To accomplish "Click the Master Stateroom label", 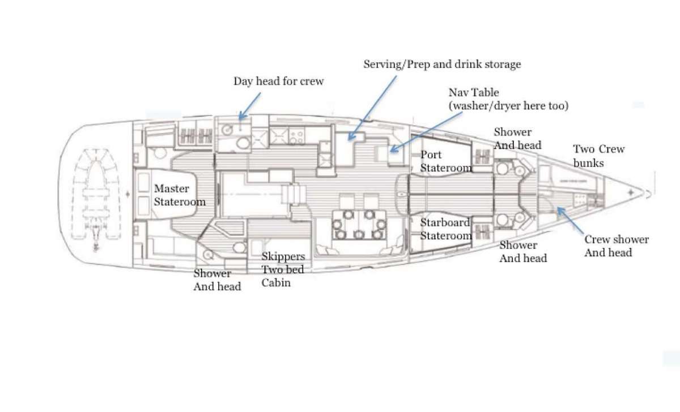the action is pyautogui.click(x=180, y=195).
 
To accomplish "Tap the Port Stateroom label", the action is pyautogui.click(x=446, y=161).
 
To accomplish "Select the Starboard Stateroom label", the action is pyautogui.click(x=446, y=229).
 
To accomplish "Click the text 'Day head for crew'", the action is pyautogui.click(x=278, y=81).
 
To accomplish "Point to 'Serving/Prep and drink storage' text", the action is pyautogui.click(x=442, y=65).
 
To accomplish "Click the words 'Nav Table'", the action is pyautogui.click(x=474, y=92).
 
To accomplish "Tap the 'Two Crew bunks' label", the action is pyautogui.click(x=598, y=156).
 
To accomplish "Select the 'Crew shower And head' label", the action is pyautogui.click(x=617, y=246).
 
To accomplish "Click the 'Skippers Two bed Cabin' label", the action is pyautogui.click(x=283, y=269).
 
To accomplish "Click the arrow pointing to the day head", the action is pyautogui.click(x=249, y=106).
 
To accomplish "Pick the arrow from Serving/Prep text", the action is pyautogui.click(x=372, y=108).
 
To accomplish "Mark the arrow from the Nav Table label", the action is pyautogui.click(x=426, y=132).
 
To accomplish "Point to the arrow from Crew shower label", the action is pyautogui.click(x=570, y=220).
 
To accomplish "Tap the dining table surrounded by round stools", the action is pyautogui.click(x=359, y=224).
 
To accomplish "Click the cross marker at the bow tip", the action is pyautogui.click(x=631, y=192).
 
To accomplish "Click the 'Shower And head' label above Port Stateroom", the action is pyautogui.click(x=517, y=139).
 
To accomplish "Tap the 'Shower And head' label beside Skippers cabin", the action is pyautogui.click(x=217, y=280).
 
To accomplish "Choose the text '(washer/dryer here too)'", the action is pyautogui.click(x=508, y=105).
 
